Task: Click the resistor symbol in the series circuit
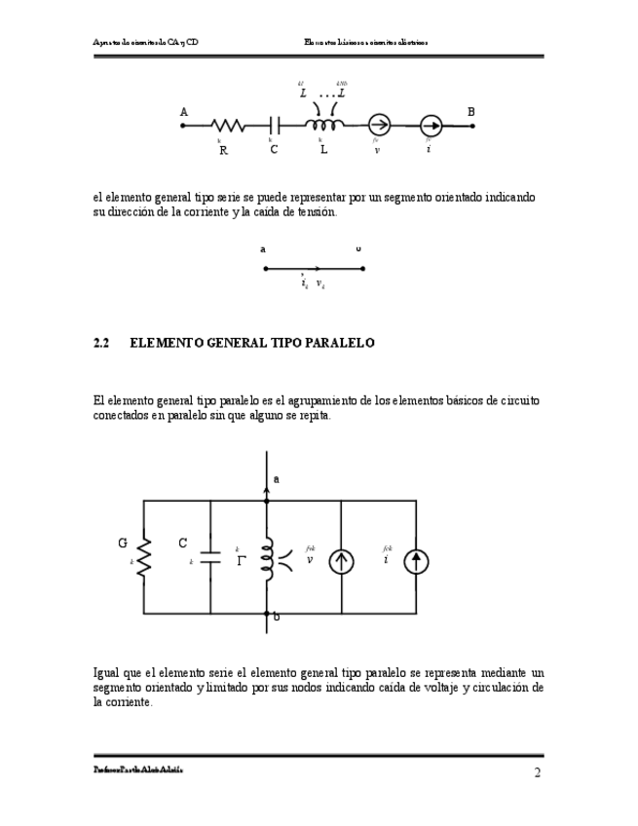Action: (x=227, y=126)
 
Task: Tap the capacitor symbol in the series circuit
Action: (x=275, y=126)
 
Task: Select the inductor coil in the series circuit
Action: (x=323, y=125)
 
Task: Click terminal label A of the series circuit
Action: (x=184, y=112)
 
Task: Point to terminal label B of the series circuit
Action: (x=471, y=112)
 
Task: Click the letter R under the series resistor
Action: (x=223, y=150)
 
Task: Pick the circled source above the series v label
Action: (x=379, y=126)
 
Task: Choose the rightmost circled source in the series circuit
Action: (x=431, y=126)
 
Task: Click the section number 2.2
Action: (x=100, y=344)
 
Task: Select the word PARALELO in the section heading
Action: (x=339, y=344)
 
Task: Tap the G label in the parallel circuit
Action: (x=123, y=543)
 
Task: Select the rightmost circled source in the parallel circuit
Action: (x=416, y=561)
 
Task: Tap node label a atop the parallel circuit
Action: (x=277, y=479)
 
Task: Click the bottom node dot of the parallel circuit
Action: (x=266, y=614)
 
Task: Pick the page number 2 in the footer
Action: (x=537, y=773)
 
